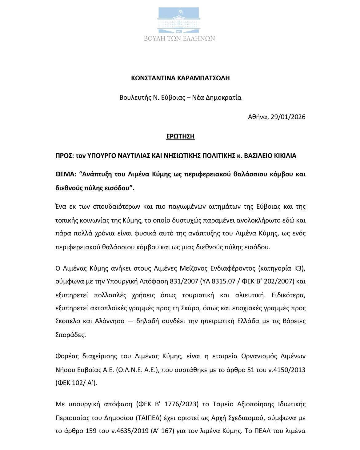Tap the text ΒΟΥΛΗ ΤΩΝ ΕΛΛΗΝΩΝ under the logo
(180, 38)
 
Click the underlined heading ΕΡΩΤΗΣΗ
(180, 136)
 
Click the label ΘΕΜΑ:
(66, 174)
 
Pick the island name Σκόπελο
(68, 321)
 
